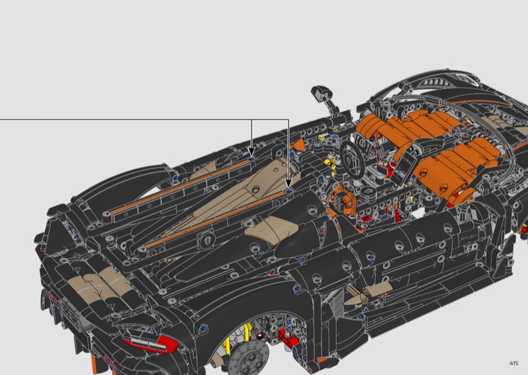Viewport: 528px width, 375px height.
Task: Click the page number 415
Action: click(514, 363)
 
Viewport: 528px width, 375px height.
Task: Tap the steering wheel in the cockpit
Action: click(352, 158)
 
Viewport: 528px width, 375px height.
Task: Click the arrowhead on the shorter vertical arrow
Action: click(251, 152)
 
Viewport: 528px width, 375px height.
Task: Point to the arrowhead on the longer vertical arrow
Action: click(288, 184)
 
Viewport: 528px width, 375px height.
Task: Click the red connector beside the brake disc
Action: click(287, 337)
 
